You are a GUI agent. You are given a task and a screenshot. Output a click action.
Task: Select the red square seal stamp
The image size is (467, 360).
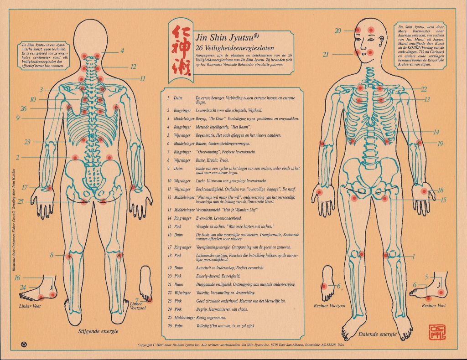[x=436, y=331]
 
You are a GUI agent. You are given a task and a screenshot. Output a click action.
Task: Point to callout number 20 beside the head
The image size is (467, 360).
[x=338, y=31]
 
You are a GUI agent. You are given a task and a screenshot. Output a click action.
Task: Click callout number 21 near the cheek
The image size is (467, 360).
[x=338, y=54]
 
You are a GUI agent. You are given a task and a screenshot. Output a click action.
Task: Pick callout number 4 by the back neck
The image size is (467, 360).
[x=122, y=51]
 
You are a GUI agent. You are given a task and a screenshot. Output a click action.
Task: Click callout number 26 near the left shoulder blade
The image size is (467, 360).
[x=24, y=108]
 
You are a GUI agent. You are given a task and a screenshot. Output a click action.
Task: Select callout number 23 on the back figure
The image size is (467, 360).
[x=27, y=142]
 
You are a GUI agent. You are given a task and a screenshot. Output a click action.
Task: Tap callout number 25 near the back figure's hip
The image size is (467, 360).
[x=21, y=201]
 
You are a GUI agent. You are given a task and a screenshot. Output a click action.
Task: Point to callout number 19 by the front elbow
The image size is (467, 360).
[x=440, y=144]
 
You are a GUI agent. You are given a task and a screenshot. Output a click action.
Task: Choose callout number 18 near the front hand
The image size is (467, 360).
[x=440, y=190]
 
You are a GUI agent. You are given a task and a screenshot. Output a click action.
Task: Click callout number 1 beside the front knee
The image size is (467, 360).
[x=414, y=257]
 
